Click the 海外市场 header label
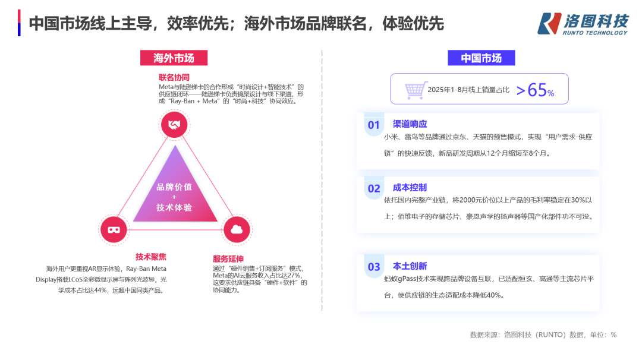point(174,58)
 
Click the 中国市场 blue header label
point(481,58)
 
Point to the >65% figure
point(534,90)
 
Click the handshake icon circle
point(175,125)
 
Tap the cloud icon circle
point(237,229)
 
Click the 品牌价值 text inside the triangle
point(174,187)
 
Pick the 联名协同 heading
point(174,77)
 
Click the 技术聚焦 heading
point(151,257)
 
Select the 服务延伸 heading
point(228,258)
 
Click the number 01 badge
point(373,125)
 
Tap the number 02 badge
point(373,189)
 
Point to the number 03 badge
point(373,267)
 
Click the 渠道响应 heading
point(410,124)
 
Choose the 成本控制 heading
point(410,187)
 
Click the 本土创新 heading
point(410,266)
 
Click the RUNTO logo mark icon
point(549,23)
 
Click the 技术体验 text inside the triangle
point(174,207)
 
